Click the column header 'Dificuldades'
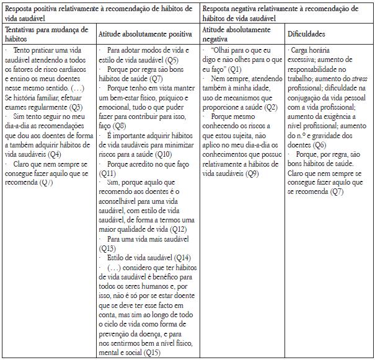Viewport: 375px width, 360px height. [307, 34]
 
